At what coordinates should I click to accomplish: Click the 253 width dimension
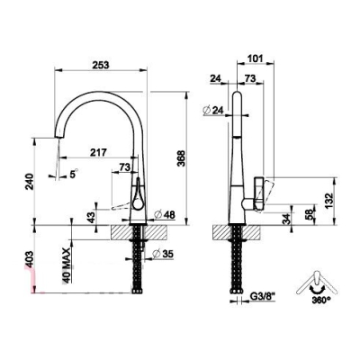[x=101, y=65]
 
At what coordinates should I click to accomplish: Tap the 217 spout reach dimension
[x=98, y=152]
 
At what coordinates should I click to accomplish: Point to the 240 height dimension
[x=29, y=182]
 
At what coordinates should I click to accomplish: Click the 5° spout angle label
[x=74, y=174]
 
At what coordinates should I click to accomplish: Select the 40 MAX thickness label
[x=67, y=265]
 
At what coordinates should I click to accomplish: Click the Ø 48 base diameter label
[x=164, y=214]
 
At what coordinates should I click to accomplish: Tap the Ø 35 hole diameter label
[x=163, y=254]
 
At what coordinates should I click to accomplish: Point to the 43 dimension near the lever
[x=93, y=217]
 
